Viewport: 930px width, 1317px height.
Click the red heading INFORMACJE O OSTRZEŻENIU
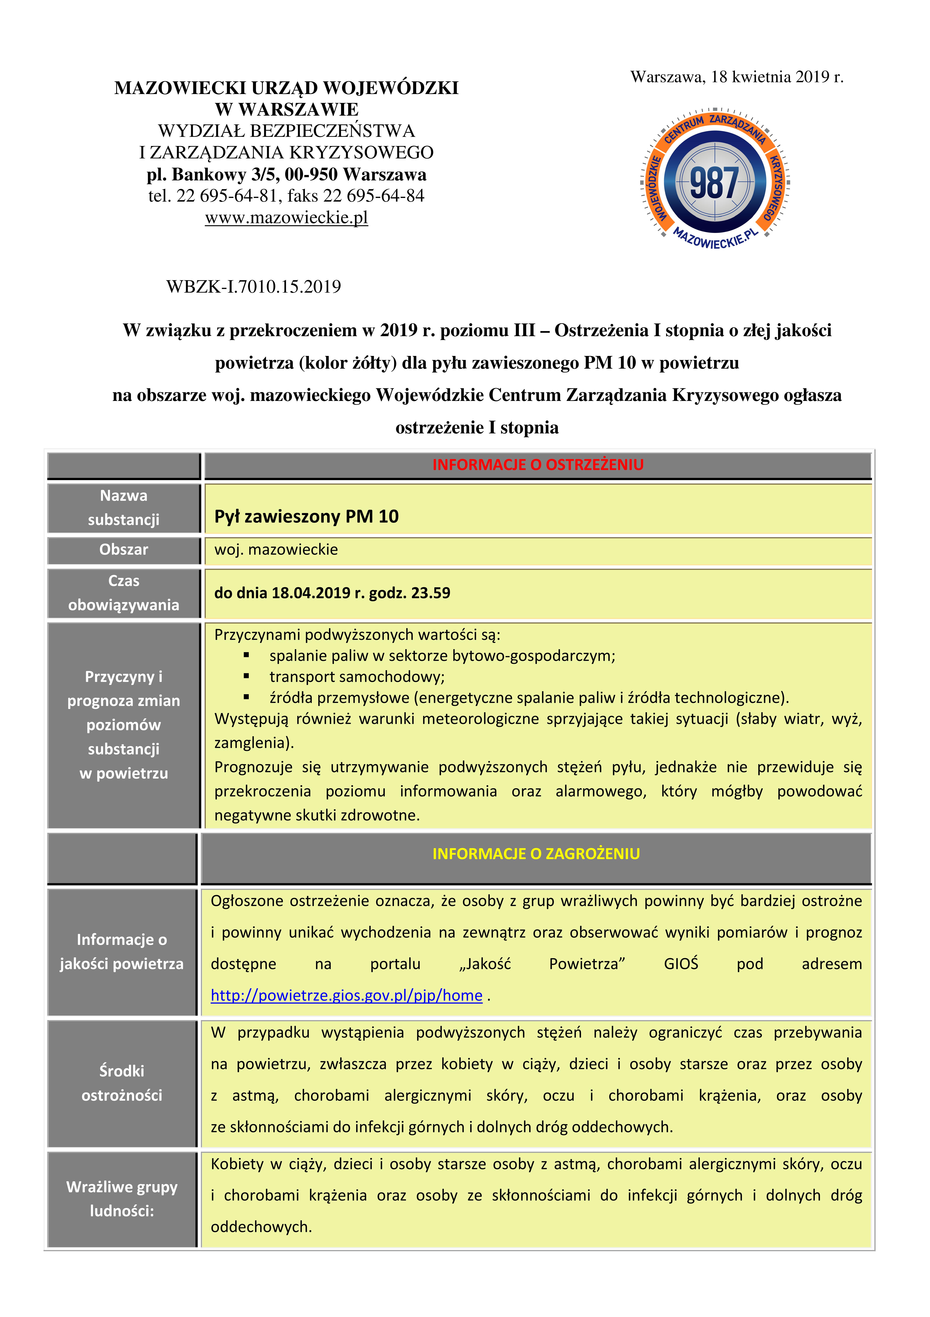(x=538, y=465)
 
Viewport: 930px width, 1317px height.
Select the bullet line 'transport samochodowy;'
(x=357, y=677)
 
